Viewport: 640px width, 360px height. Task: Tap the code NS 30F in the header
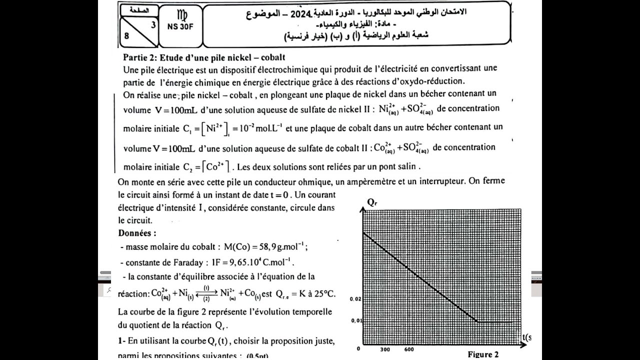tap(180, 27)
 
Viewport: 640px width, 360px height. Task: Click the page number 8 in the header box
tap(127, 35)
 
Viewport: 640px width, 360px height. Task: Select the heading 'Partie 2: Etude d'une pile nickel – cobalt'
tap(204, 58)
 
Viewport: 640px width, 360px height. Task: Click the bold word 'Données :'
tap(137, 233)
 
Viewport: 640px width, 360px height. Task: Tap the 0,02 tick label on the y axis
tap(355, 298)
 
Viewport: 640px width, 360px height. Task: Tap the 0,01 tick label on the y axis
tap(355, 320)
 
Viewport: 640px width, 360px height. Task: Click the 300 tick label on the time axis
tap(385, 350)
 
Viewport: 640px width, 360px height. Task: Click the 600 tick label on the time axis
tap(408, 350)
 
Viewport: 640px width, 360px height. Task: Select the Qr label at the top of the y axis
tap(372, 202)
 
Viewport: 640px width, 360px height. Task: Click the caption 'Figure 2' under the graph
tap(483, 354)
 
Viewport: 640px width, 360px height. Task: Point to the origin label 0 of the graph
tap(358, 349)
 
